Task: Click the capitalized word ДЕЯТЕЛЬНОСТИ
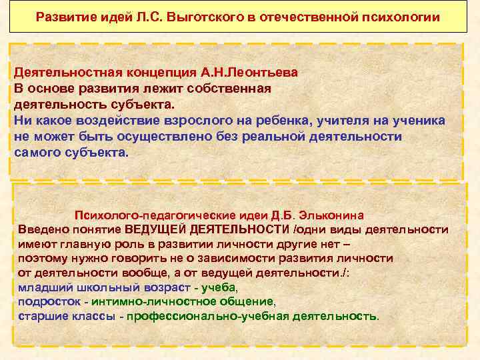[231, 229]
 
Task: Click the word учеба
[219, 287]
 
